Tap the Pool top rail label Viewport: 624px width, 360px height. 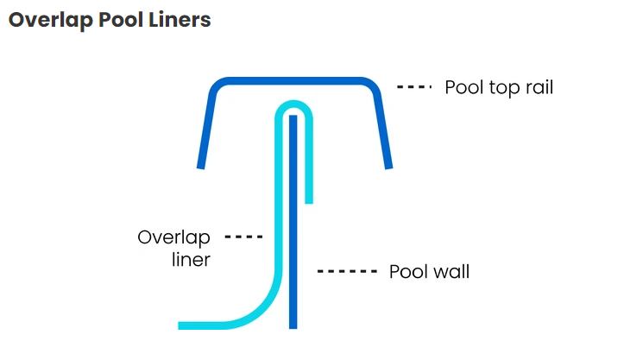(498, 88)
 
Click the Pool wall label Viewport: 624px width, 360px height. (429, 272)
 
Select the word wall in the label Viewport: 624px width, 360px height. (451, 272)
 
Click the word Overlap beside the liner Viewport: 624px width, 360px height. (173, 237)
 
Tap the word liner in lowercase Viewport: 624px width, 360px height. (191, 259)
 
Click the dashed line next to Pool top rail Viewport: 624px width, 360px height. (414, 88)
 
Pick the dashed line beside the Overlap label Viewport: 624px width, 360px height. (243, 236)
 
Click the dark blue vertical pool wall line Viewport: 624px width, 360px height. (293, 224)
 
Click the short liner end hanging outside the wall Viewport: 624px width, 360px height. (308, 194)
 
